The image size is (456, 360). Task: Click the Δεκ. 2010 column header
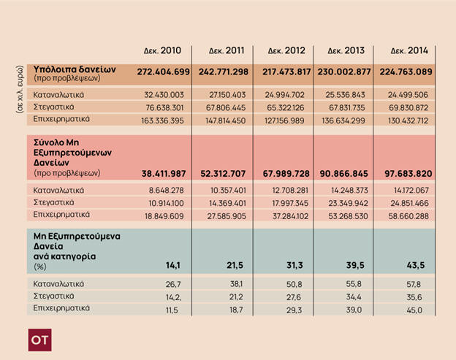162,51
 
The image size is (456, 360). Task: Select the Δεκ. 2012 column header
284,51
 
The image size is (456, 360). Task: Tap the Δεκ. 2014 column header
406,51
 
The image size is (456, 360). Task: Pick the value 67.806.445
227,106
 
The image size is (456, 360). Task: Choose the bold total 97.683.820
406,173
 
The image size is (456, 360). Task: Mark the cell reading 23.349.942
347,202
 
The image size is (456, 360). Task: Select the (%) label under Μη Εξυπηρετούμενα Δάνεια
41,267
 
